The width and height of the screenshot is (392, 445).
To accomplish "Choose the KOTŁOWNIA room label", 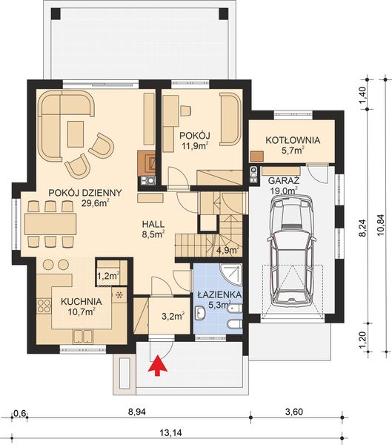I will pyautogui.click(x=292, y=139).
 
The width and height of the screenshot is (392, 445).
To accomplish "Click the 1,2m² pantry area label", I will pyautogui.click(x=108, y=276).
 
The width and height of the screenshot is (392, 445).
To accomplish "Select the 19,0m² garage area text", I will pyautogui.click(x=282, y=190).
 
